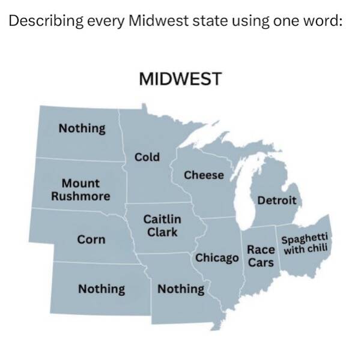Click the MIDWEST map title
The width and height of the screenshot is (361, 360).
click(180, 79)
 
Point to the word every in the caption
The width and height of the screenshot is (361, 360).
click(108, 22)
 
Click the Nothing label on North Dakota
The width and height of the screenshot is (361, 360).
click(82, 128)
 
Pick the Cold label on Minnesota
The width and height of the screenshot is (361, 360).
click(147, 157)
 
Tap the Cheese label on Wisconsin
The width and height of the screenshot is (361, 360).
click(204, 175)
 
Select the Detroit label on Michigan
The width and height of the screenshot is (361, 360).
click(276, 200)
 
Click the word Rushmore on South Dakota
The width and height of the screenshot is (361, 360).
click(80, 196)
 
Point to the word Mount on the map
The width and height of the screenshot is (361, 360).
click(80, 183)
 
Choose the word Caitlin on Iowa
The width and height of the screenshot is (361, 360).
click(162, 219)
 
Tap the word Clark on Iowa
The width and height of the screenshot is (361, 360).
click(162, 232)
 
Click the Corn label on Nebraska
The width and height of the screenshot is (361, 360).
click(91, 239)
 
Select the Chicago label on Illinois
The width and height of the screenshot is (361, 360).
click(217, 258)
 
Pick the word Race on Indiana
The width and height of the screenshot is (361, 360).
click(261, 251)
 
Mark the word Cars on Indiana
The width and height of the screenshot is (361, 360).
click(261, 263)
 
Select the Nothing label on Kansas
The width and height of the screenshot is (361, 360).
click(102, 289)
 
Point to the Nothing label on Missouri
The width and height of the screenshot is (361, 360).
click(180, 289)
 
